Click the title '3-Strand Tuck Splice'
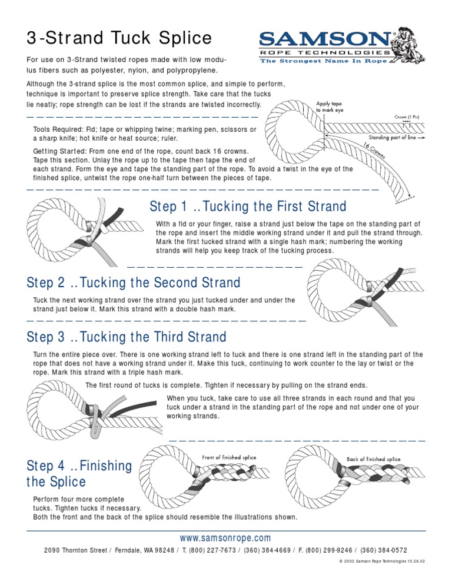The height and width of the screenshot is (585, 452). pos(119,38)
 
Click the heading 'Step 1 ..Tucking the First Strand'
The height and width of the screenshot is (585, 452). pos(248,207)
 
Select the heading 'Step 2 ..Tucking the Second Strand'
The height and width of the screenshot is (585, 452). pos(134,282)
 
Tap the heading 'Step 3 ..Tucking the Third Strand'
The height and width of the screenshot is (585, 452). pos(127,337)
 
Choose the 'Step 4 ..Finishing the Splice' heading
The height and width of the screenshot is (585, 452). pos(79,474)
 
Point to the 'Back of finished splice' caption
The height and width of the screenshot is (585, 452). pos(373,459)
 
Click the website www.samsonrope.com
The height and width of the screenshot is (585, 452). pos(226,538)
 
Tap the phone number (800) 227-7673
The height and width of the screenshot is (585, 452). pos(211,550)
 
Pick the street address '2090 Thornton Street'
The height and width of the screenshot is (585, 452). pos(76,550)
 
